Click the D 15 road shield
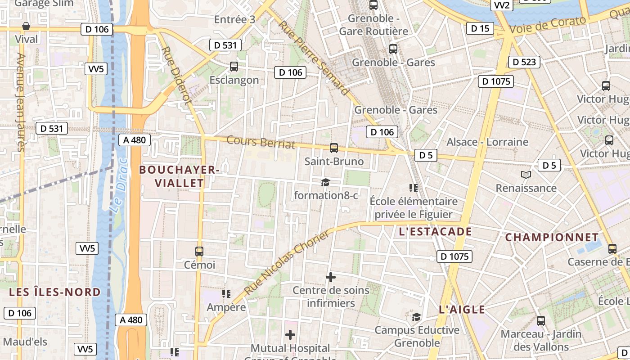(480, 28)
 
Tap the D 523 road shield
(524, 62)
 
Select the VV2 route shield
(501, 5)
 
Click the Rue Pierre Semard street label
(314, 57)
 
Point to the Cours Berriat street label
(261, 142)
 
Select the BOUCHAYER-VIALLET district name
(179, 176)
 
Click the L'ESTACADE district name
(435, 232)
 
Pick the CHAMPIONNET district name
(552, 237)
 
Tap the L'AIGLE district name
(462, 309)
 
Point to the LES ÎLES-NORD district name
(55, 292)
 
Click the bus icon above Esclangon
(234, 67)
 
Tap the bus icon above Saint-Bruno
(334, 148)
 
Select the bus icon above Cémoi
(199, 252)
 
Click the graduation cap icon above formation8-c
(325, 182)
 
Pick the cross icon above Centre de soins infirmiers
(331, 277)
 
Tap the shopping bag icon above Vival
(26, 26)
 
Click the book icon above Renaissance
(526, 175)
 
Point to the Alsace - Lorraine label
(487, 142)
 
